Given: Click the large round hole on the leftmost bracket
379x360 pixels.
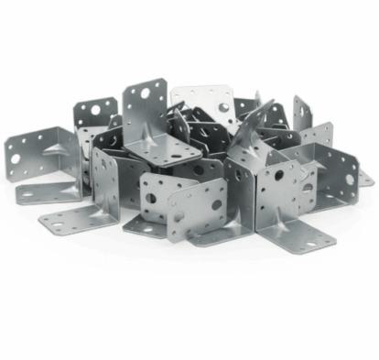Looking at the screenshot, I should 16,158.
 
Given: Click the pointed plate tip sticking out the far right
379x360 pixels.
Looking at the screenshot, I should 370,180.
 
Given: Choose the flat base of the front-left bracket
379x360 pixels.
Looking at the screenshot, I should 78,220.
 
